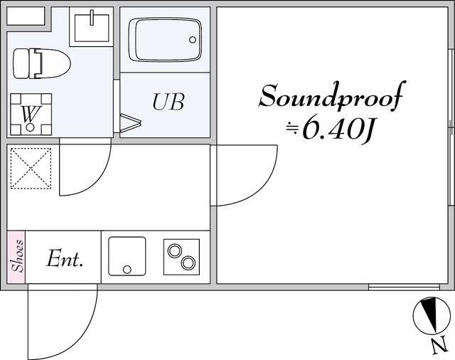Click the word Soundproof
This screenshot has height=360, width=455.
coord(332,96)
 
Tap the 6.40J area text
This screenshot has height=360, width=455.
coord(329,128)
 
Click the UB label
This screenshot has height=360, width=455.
coord(168,102)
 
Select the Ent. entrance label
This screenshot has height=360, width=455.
coord(65,258)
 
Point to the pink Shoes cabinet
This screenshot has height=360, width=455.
coord(16,257)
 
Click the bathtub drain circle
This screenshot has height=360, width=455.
coord(193,40)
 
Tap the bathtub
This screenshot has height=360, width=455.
coord(165,40)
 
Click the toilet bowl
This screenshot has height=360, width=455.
coord(52,64)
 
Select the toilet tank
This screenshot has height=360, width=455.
coord(21,63)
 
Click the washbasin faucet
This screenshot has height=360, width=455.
coord(92,18)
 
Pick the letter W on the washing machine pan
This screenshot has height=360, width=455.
coord(31,114)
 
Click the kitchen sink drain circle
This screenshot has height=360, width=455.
coord(127,269)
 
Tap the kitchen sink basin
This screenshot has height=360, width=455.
coord(127,256)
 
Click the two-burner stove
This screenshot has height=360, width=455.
coord(181,257)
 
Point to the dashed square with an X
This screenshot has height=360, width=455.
coord(31,169)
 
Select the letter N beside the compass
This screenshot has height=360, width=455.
coord(439,346)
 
